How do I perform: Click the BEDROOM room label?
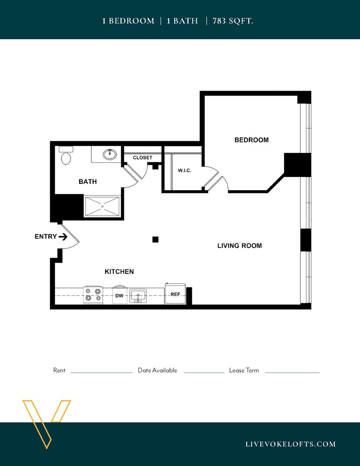(x=252, y=140)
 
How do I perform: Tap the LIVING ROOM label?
(x=239, y=246)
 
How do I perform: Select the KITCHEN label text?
(x=119, y=272)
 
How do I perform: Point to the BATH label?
(x=88, y=182)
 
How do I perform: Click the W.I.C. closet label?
(x=185, y=171)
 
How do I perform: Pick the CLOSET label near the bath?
(x=142, y=157)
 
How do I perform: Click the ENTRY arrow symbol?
(x=63, y=237)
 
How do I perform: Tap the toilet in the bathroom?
(x=66, y=156)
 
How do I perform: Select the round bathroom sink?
(x=110, y=154)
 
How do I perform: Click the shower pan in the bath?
(x=102, y=206)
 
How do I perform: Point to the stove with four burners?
(x=93, y=295)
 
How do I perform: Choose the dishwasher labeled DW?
(x=120, y=295)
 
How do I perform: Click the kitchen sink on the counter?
(x=138, y=296)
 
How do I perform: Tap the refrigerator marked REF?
(x=175, y=294)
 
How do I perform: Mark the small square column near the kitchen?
(x=155, y=239)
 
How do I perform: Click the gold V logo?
(x=46, y=424)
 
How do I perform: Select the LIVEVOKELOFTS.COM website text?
(x=290, y=444)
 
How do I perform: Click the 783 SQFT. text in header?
(x=233, y=21)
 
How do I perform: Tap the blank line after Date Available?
(x=204, y=372)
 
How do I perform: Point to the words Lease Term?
(x=244, y=370)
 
